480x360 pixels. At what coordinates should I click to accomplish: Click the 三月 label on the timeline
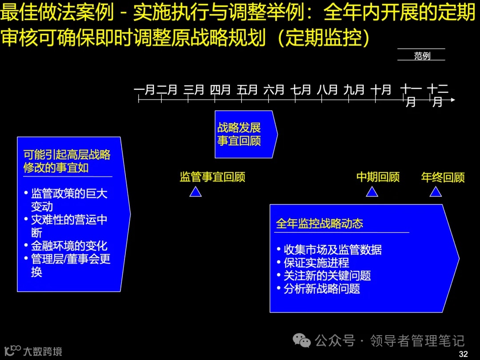(194, 90)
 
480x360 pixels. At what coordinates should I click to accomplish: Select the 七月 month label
(301, 90)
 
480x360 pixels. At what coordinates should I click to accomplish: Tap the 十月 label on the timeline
(381, 90)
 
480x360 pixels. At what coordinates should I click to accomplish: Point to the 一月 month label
(144, 90)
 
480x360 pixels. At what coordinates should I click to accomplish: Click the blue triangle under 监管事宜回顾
(196, 192)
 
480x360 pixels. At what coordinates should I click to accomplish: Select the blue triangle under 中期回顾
(372, 192)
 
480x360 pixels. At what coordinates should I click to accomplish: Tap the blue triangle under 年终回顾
(436, 192)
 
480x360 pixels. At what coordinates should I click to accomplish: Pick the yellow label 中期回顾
(378, 177)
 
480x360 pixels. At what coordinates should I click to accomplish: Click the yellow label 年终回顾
(443, 177)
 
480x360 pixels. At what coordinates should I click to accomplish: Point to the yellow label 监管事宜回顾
(212, 177)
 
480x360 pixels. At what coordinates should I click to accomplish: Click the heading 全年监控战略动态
(319, 223)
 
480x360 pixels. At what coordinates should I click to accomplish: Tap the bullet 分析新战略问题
(322, 288)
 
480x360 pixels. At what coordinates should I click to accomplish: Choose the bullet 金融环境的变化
(69, 246)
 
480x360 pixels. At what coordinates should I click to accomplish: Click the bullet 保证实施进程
(316, 263)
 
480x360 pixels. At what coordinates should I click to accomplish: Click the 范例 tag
(422, 56)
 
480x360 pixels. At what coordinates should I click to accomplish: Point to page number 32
(463, 354)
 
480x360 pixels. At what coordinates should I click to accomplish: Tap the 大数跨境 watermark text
(43, 352)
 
